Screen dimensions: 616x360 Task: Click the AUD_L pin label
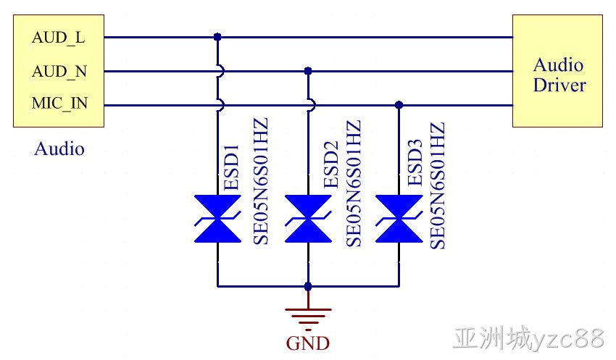click(58, 38)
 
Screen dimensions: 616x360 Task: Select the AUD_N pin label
click(59, 72)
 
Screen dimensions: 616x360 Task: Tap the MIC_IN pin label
click(59, 104)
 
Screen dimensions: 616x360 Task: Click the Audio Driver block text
click(559, 75)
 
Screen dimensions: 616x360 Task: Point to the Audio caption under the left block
click(59, 148)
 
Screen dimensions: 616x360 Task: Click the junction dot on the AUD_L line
click(217, 37)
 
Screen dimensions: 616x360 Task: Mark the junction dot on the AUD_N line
click(308, 71)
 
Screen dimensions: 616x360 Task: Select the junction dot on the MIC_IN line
click(399, 105)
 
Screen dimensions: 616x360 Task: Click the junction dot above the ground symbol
click(308, 287)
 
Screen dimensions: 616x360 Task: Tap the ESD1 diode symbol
click(217, 219)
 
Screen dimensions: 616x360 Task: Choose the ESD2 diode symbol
click(308, 219)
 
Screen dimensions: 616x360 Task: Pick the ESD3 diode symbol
click(399, 219)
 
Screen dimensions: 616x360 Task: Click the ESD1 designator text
click(231, 167)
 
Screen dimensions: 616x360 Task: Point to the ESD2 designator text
click(330, 164)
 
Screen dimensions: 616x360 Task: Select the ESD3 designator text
click(415, 162)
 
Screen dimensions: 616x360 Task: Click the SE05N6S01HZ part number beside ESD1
click(260, 181)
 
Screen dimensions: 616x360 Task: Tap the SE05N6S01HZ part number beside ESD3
click(437, 185)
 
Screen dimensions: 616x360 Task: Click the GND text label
click(307, 343)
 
